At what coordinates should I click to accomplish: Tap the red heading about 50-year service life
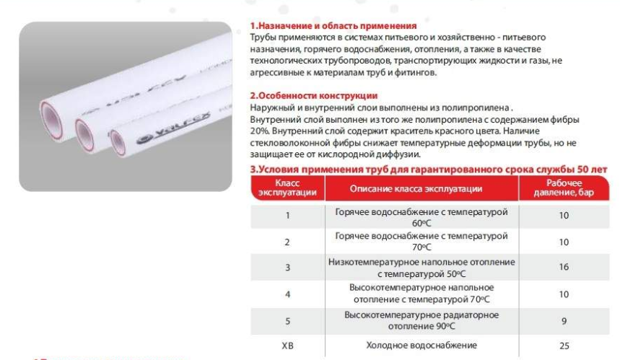(x=428, y=169)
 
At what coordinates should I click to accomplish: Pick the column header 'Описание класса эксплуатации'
(x=421, y=189)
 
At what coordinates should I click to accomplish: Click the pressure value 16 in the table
(x=564, y=268)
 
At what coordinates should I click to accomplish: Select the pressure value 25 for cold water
(x=564, y=345)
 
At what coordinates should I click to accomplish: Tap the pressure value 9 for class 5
(x=564, y=320)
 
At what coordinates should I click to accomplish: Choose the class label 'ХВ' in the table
(x=287, y=345)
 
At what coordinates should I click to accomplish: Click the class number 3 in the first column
(x=287, y=268)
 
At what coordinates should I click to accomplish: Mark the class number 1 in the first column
(x=287, y=216)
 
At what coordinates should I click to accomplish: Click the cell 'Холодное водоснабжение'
(x=421, y=345)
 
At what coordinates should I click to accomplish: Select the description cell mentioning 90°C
(x=421, y=320)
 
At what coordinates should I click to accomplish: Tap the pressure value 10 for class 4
(x=564, y=294)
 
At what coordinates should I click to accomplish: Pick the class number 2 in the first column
(x=287, y=242)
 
